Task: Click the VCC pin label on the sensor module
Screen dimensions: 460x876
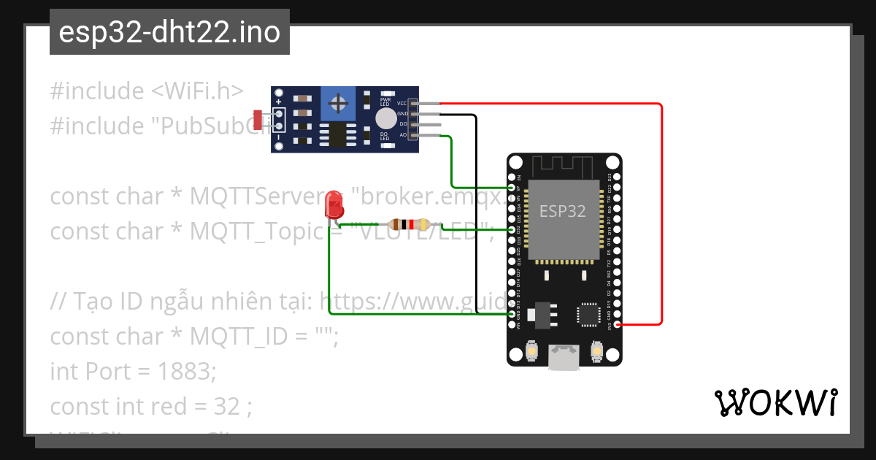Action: click(401, 104)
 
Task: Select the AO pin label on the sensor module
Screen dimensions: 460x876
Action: click(402, 135)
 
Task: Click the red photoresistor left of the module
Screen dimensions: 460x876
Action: click(257, 119)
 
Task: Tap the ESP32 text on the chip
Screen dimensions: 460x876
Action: click(562, 212)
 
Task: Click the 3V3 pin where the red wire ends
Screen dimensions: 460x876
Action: click(618, 323)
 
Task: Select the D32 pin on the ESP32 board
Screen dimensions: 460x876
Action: click(512, 229)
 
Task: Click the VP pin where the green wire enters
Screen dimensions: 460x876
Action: click(512, 188)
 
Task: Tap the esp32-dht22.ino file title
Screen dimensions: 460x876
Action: click(169, 33)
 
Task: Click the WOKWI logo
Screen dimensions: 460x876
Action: click(775, 403)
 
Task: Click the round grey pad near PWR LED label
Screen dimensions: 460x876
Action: click(385, 118)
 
